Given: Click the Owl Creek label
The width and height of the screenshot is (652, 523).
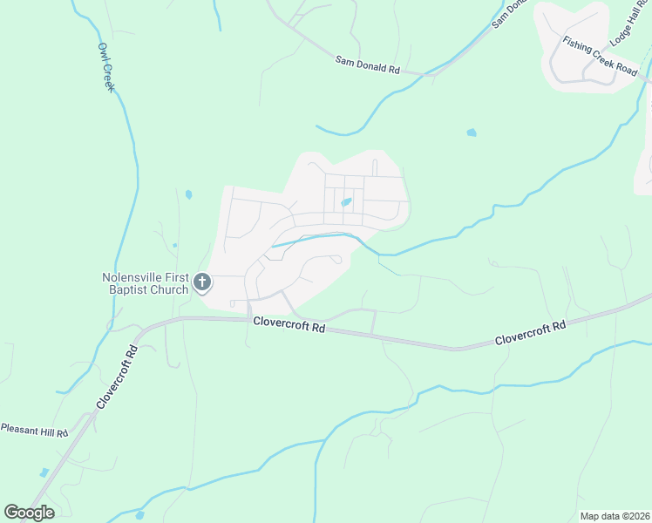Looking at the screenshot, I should [x=105, y=67].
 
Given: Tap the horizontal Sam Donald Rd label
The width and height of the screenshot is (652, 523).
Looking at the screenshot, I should [x=367, y=64].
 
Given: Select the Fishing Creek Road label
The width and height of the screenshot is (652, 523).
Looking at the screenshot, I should [x=600, y=54].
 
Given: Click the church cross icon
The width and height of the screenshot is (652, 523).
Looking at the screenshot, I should [x=202, y=282].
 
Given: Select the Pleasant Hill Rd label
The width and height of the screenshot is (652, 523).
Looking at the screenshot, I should [x=34, y=429].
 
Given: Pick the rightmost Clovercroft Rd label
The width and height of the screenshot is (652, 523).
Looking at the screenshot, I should [x=531, y=332].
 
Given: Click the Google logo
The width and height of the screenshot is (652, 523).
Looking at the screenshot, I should [x=29, y=513].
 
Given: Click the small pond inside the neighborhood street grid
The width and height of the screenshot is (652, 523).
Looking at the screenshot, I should [x=346, y=203].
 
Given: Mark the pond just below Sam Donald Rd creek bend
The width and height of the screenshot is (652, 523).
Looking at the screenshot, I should [x=472, y=132].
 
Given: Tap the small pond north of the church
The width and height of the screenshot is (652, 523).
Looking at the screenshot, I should [x=188, y=194].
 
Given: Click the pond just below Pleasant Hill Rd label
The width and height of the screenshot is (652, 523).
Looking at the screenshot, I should [x=44, y=472].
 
